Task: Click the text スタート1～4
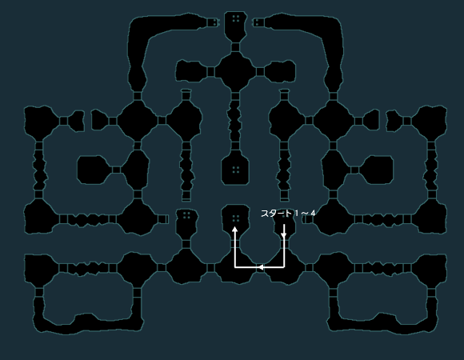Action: tap(288, 214)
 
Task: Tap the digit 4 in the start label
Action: tap(313, 214)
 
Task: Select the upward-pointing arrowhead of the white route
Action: tap(234, 230)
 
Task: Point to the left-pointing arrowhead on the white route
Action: tap(261, 267)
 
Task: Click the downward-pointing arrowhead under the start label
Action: tap(284, 235)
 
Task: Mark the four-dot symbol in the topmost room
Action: tap(236, 19)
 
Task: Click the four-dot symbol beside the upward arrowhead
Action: tap(236, 218)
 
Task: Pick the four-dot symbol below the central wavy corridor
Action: tap(236, 170)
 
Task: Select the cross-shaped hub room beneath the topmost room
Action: tap(235, 71)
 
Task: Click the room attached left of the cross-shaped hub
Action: tap(192, 71)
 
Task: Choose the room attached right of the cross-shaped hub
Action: tap(280, 71)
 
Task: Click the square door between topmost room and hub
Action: tap(235, 47)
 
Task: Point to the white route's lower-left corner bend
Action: tap(235, 267)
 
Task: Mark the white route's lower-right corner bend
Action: tap(284, 267)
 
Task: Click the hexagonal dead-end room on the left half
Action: tap(93, 170)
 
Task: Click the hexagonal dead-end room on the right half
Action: tap(378, 170)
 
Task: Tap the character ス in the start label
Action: tap(264, 214)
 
